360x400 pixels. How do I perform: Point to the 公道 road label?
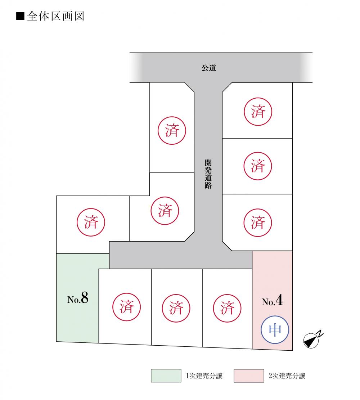(209, 68)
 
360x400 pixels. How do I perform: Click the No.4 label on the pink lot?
(272, 301)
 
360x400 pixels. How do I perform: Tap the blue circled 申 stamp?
(275, 330)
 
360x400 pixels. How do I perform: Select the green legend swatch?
(166, 376)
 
